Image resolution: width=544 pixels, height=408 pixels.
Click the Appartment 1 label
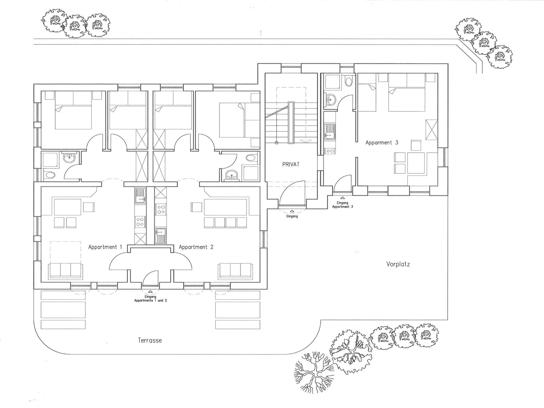105,247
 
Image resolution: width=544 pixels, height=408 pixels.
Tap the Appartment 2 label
196,247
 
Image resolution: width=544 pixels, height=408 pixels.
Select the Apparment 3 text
382,143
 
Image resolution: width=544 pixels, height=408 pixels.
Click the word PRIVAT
291,164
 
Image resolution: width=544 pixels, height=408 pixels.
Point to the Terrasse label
150,340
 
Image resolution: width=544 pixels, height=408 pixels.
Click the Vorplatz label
398,264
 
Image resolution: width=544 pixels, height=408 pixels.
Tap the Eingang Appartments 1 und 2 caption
150,299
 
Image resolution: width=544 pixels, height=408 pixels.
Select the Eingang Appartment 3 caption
343,205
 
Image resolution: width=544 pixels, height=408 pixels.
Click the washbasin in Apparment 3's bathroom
330,99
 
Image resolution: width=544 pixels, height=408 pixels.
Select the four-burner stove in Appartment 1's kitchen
140,222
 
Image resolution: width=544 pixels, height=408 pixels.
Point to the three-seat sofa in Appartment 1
65,271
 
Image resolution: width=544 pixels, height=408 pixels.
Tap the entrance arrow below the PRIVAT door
292,211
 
